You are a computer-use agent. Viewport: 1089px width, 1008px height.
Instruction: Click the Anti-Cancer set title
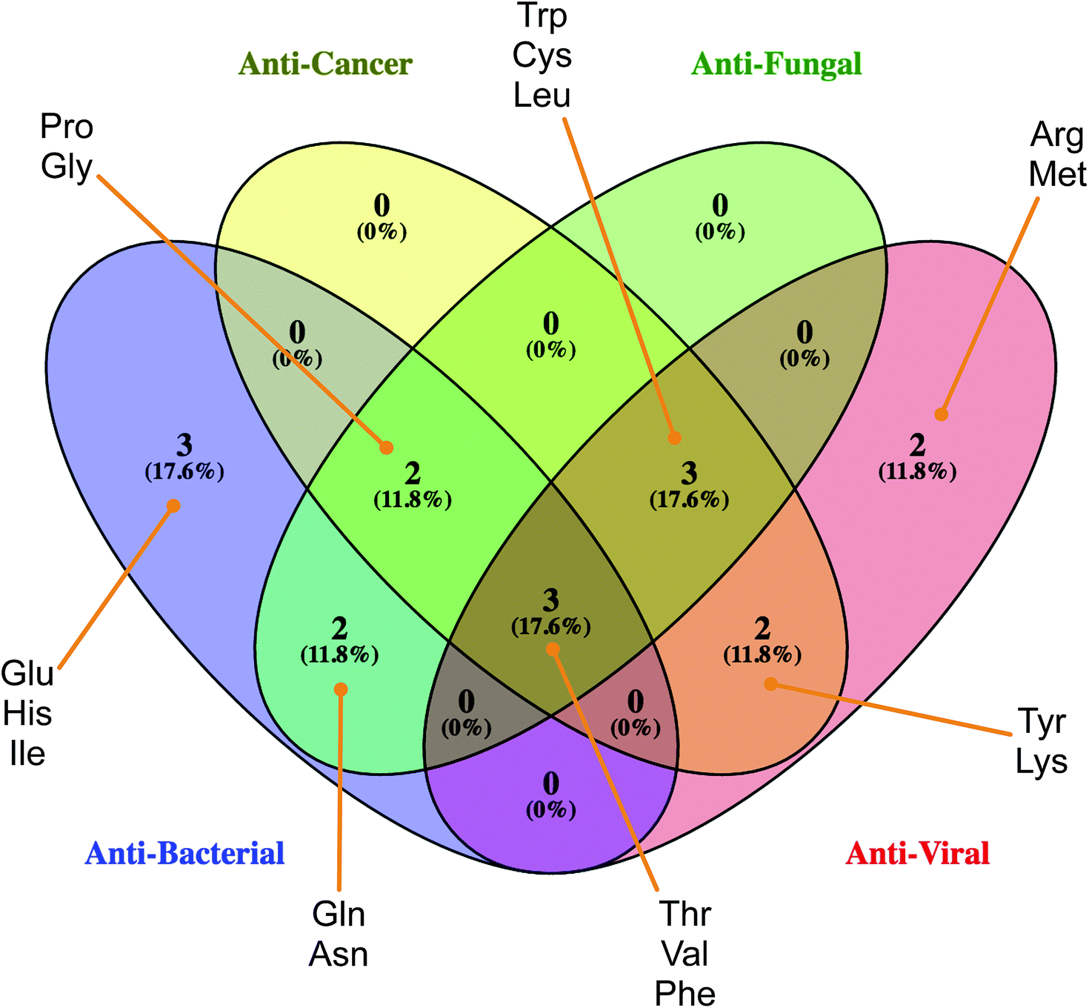click(325, 64)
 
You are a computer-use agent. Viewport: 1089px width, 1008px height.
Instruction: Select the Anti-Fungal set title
click(776, 64)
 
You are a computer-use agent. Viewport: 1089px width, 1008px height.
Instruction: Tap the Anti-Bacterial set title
click(184, 854)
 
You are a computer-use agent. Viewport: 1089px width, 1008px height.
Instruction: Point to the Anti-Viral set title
click(917, 854)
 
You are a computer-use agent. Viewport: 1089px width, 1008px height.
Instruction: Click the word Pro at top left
click(67, 127)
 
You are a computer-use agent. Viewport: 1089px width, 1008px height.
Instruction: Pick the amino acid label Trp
click(542, 16)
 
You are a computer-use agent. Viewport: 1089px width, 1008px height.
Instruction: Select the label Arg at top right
click(1057, 135)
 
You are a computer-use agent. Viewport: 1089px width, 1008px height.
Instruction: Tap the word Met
click(1057, 175)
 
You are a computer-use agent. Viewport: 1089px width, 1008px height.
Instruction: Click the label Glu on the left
click(27, 674)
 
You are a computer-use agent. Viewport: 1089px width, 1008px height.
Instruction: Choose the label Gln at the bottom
click(339, 914)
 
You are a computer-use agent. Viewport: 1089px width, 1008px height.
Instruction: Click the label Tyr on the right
click(1042, 722)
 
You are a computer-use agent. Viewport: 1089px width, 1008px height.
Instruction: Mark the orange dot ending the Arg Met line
click(941, 414)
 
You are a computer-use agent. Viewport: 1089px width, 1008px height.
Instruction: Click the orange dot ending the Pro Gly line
click(386, 448)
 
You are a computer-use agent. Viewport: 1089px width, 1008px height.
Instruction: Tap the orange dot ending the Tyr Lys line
click(770, 683)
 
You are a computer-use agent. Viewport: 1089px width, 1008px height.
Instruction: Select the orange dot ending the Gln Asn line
click(341, 690)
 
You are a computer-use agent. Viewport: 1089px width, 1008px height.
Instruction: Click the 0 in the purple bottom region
click(550, 784)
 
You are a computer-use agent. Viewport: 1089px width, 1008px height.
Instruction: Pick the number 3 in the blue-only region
click(184, 445)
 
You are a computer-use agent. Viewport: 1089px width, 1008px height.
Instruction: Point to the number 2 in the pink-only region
click(917, 445)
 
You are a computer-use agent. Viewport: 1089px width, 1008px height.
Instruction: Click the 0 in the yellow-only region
click(382, 205)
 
